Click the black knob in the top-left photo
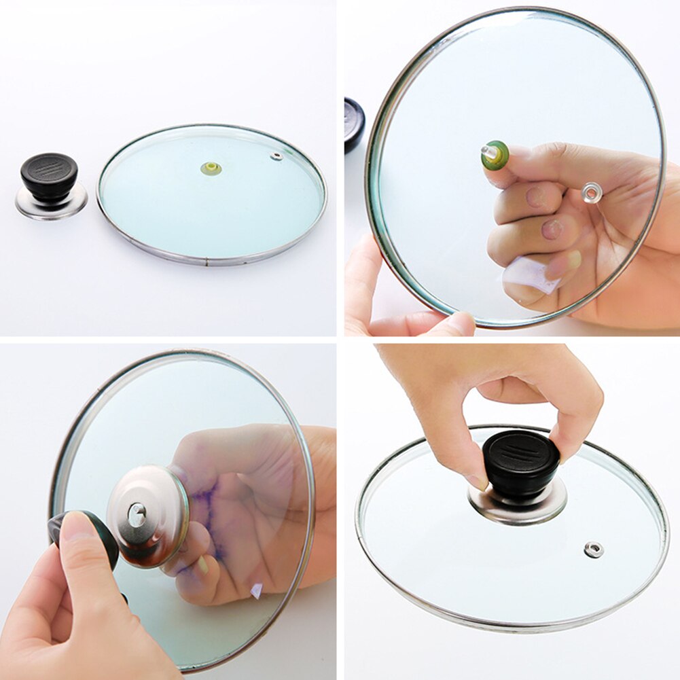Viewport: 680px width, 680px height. (49, 175)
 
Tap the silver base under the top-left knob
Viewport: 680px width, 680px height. (51, 204)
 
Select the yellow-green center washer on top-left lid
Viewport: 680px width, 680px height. (211, 168)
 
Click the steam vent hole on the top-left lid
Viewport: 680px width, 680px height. (276, 156)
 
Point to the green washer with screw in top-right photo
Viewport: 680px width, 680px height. (495, 154)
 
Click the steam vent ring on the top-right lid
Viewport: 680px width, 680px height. (591, 193)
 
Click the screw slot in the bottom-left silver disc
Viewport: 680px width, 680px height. (137, 514)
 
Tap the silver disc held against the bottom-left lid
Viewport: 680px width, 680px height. (148, 516)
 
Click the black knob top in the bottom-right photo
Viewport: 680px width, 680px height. (521, 452)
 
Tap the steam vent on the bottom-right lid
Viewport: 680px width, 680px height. (594, 549)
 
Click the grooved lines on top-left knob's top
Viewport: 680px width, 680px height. (49, 165)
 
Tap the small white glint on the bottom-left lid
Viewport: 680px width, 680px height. (257, 590)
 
